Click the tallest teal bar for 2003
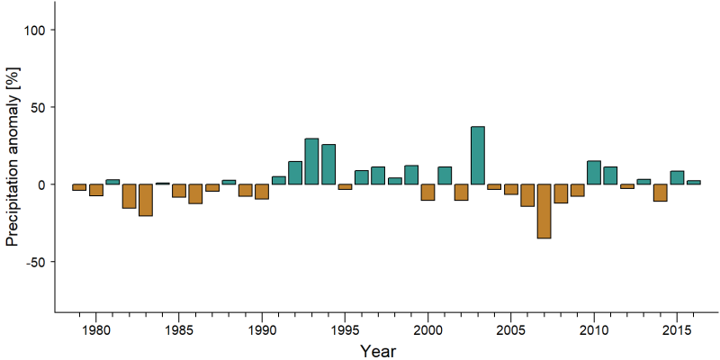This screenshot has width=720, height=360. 478,155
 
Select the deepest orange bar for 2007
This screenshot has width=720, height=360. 544,211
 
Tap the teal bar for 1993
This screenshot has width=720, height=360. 311,161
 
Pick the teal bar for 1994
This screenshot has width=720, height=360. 328,165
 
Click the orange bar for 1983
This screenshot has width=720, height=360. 146,200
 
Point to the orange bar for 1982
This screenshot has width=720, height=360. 129,196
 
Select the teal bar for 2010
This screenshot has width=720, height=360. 594,173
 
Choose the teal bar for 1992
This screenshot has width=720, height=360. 295,173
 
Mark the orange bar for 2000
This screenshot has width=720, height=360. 428,193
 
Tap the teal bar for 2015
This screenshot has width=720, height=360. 677,177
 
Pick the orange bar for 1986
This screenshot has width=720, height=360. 195,193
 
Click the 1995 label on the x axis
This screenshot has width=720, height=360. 345,330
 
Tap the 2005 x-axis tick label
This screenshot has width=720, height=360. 511,330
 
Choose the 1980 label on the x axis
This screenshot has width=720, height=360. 96,330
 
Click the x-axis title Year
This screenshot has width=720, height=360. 377,351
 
